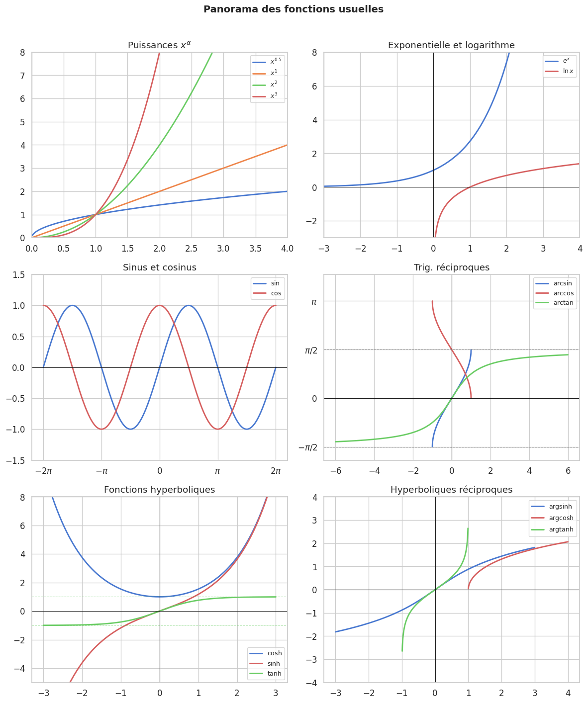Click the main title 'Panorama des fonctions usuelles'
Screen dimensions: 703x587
coord(293,9)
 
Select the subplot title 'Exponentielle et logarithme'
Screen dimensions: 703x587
coord(451,46)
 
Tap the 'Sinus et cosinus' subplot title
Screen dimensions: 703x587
coord(160,267)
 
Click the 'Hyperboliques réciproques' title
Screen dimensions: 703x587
coord(451,490)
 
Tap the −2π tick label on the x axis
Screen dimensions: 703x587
coord(43,471)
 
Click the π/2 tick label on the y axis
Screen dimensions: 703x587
coord(311,350)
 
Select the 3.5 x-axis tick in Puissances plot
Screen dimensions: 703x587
coord(255,248)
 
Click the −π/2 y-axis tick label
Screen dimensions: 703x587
coord(308,447)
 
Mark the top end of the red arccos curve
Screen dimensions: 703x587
coord(432,301)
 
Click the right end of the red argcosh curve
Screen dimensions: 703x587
coord(568,542)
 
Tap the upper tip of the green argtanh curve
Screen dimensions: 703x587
coord(468,528)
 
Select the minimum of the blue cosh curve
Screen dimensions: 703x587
coord(160,597)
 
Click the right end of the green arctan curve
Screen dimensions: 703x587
coord(568,354)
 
